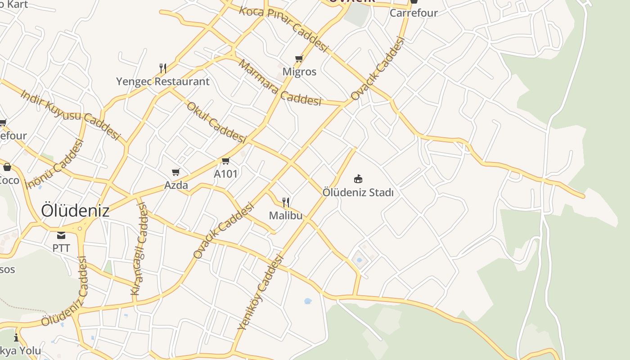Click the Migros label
299,72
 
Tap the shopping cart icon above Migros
299,58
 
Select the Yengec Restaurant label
162,81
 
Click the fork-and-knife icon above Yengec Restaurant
163,68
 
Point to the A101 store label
225,174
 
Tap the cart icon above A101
225,161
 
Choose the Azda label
176,185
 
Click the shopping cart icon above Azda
175,172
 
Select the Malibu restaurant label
286,216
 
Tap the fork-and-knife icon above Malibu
286,202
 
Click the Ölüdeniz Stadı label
358,193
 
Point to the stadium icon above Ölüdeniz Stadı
358,179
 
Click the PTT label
61,248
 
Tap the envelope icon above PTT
61,235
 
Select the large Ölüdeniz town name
75,211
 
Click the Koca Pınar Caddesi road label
284,28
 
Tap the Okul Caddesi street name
216,122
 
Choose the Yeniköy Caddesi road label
261,292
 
